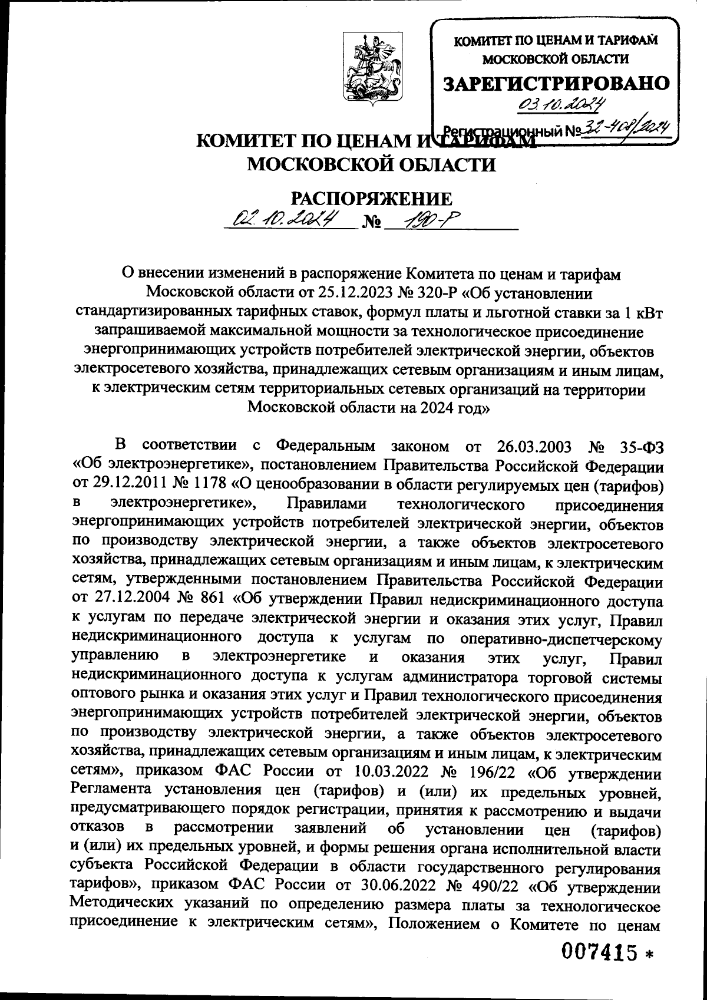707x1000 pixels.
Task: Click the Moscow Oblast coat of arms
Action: [368, 70]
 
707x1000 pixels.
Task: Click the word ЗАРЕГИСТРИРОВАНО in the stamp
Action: [557, 83]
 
